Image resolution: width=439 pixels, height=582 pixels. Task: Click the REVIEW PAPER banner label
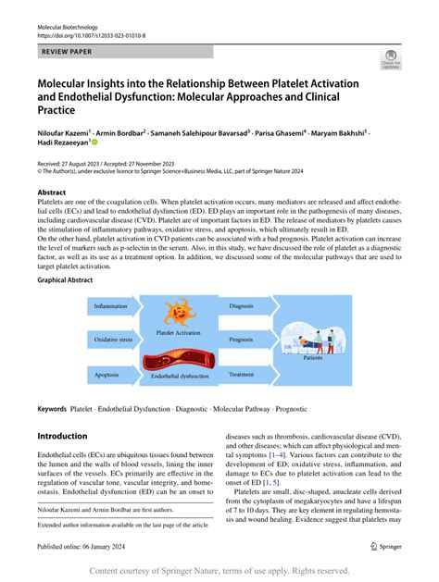(x=68, y=53)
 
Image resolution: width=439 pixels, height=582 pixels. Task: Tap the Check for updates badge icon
(x=390, y=62)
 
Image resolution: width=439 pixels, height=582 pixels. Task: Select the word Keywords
(x=51, y=408)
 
